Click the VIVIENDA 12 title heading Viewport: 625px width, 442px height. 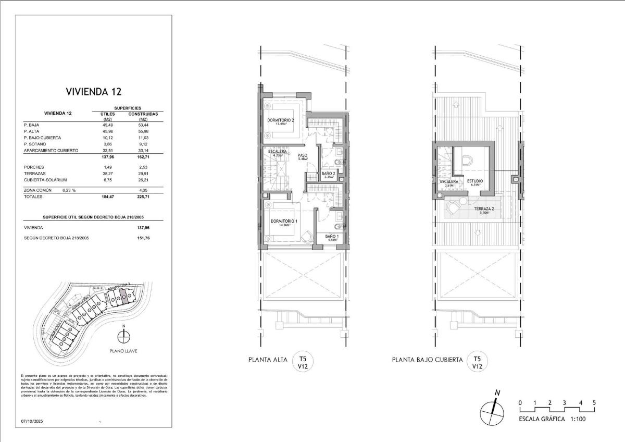point(94,92)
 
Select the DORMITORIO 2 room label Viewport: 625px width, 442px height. point(281,120)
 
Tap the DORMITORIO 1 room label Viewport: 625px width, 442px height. point(284,222)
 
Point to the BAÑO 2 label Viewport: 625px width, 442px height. point(328,173)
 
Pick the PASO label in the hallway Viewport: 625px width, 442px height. point(302,155)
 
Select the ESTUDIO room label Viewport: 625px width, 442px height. point(475,181)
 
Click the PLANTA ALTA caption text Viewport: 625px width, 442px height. point(267,360)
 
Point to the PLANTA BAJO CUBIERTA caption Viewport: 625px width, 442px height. point(428,360)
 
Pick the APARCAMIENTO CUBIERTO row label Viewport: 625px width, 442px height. point(51,150)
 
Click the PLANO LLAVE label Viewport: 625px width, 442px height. point(123,351)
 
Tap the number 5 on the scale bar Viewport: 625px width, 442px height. point(594,403)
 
